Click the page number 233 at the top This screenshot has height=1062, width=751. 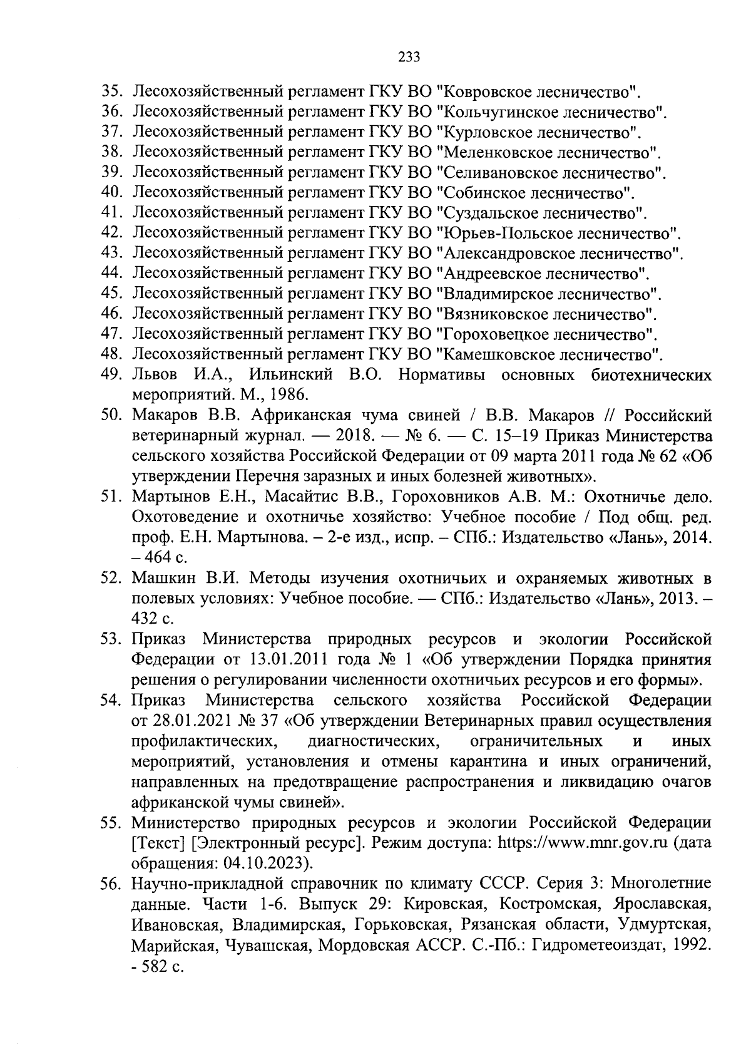pyautogui.click(x=408, y=57)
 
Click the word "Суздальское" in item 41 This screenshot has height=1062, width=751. pyautogui.click(x=492, y=214)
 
